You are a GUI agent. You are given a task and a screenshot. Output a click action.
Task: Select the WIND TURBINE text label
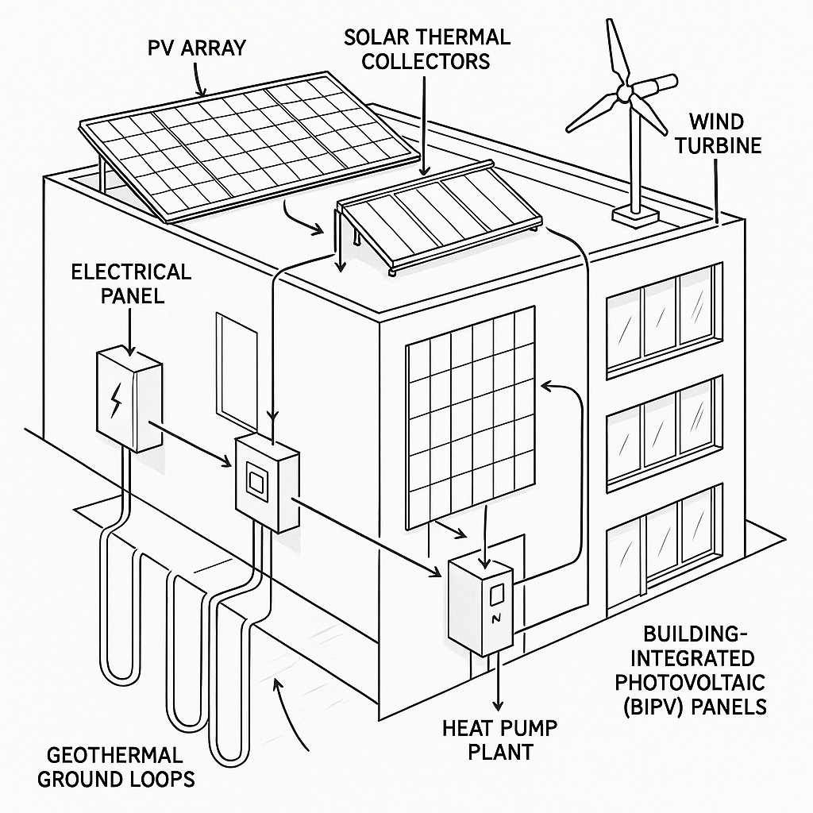point(725,133)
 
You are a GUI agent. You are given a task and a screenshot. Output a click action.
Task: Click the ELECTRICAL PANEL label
point(131,283)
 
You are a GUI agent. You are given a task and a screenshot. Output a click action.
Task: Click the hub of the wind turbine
point(625,94)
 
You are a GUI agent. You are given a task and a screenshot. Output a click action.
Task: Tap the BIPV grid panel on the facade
point(471,418)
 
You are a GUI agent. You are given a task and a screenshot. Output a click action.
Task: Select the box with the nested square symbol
point(266,483)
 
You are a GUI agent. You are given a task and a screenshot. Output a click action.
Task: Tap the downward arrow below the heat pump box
point(499,681)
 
